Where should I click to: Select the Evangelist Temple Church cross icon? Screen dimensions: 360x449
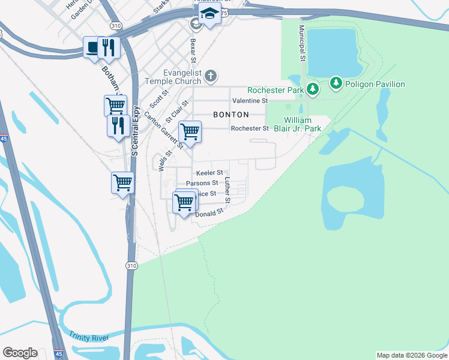(210, 76)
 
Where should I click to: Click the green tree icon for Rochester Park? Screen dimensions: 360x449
(312, 89)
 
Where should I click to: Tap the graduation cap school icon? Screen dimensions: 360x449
(209, 14)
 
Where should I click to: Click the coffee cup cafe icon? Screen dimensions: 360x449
(92, 48)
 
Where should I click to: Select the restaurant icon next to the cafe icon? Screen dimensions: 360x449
(109, 48)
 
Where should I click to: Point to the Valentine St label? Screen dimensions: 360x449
(250, 101)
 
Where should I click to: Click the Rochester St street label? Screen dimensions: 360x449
(250, 128)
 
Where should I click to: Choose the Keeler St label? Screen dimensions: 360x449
(209, 173)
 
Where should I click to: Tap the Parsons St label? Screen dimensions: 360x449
(202, 183)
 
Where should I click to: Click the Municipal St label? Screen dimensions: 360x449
(303, 43)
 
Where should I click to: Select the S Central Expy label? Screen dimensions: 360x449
(136, 131)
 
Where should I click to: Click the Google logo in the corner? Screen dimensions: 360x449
(20, 353)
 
